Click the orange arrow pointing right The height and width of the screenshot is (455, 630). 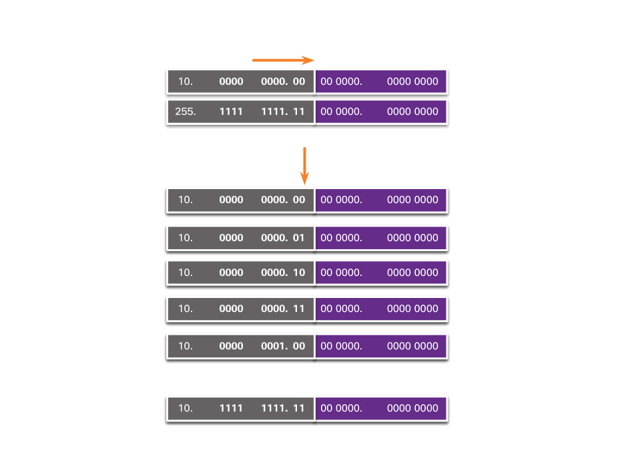click(283, 60)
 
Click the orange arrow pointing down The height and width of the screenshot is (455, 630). click(304, 166)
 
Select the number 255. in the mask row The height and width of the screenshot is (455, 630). click(185, 112)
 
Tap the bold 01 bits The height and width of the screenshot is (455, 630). click(298, 238)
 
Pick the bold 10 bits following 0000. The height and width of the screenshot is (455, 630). click(298, 273)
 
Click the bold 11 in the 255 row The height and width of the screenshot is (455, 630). click(298, 112)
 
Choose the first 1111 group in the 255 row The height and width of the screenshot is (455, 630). click(231, 112)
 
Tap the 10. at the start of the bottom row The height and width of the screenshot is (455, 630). click(185, 408)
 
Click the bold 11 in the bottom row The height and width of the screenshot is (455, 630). click(298, 408)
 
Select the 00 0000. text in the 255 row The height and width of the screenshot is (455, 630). click(341, 112)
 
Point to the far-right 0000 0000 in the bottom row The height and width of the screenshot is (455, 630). click(412, 408)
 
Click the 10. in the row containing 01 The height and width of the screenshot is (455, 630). click(185, 238)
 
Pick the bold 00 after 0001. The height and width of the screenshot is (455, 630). click(298, 346)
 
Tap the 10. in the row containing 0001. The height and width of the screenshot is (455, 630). click(185, 346)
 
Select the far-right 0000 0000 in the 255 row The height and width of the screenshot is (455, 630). click(412, 112)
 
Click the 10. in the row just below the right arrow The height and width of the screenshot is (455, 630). click(185, 82)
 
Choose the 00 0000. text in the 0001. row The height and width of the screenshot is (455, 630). click(341, 346)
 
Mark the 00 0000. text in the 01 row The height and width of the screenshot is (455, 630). click(341, 238)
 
